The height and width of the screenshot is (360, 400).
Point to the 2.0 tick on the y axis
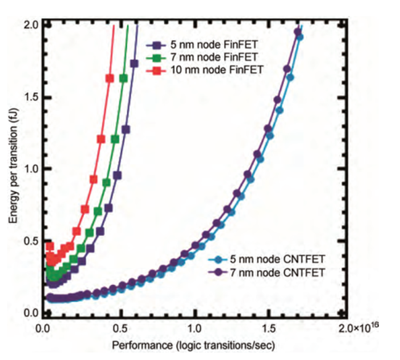(x=30, y=25)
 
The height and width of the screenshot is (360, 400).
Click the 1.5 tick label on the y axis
(x=30, y=97)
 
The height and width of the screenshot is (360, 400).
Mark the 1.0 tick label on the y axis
(x=30, y=169)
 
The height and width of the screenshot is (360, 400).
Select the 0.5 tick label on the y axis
(x=30, y=241)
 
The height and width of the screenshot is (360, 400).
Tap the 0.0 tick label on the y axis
(x=30, y=313)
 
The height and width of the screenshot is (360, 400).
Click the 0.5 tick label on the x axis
(x=120, y=325)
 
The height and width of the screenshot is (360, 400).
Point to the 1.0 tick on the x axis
(x=195, y=325)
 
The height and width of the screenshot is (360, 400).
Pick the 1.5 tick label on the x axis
(x=271, y=325)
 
